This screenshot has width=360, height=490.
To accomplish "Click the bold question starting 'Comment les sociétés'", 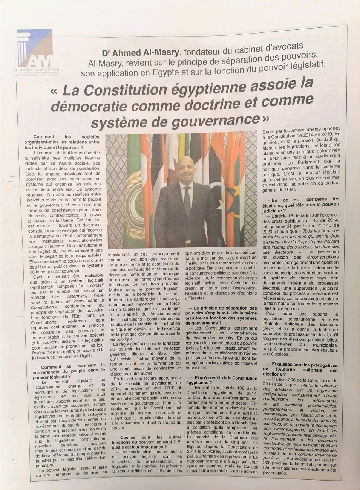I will coord(62,142).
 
